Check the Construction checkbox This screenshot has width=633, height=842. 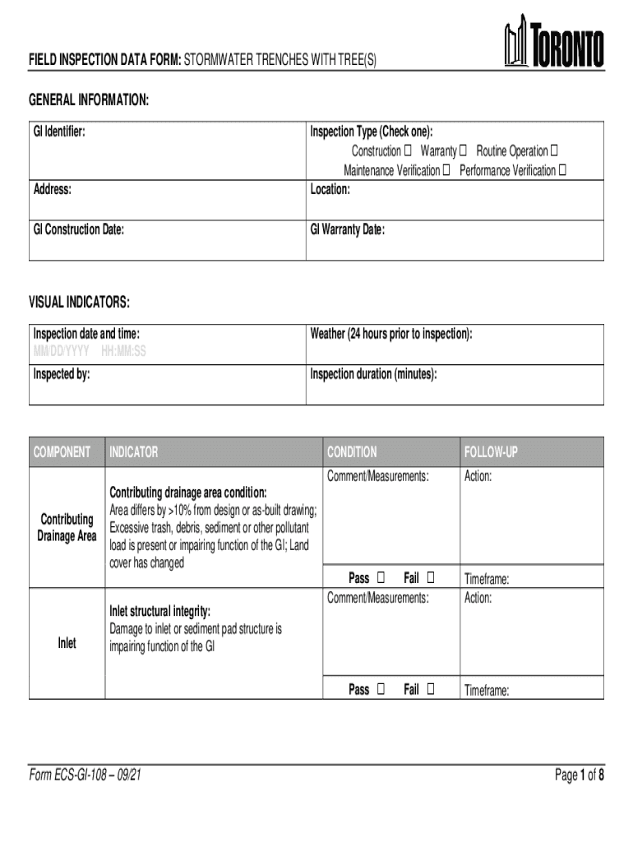coord(409,151)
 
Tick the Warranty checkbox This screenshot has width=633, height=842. coord(463,151)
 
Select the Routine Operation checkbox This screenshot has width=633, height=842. coord(553,151)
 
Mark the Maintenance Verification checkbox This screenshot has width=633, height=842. coord(446,171)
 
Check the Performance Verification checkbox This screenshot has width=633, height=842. coord(562,171)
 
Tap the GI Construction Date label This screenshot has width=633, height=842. coord(79,229)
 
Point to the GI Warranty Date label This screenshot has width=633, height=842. coord(347,229)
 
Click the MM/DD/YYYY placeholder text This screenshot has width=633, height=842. coord(62,351)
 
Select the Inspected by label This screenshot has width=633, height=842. coord(62,374)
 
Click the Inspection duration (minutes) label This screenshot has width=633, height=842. coord(373,374)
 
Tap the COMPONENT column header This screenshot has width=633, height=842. coord(62,452)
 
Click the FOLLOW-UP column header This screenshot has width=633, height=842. coord(491,452)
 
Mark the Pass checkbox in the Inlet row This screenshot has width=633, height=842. coord(381,690)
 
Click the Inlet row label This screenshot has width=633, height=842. coord(67,643)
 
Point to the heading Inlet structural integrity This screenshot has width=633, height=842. coord(160,612)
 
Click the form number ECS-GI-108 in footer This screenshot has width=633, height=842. coord(79,774)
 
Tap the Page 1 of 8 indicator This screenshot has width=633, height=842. coord(580,774)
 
